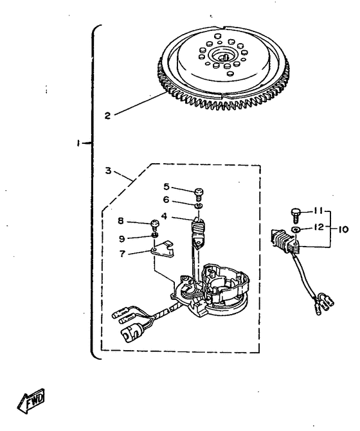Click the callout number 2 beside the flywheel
[x=107, y=116]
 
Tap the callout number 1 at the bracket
[x=78, y=143]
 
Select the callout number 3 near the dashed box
[x=109, y=171]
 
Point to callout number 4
[x=164, y=216]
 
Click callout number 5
[x=166, y=187]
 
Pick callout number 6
[x=166, y=200]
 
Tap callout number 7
[x=122, y=254]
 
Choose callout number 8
[x=121, y=221]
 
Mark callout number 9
[x=122, y=238]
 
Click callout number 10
[x=343, y=229]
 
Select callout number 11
[x=318, y=211]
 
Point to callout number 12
[x=319, y=227]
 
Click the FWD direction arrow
[x=31, y=400]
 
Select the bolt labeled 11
[x=295, y=216]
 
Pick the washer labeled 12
[x=296, y=229]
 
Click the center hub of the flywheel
[x=223, y=56]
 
